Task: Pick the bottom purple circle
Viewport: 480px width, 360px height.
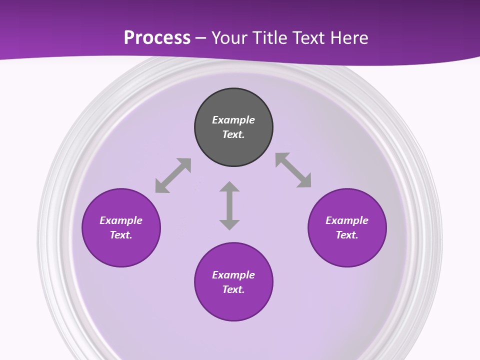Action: pos(233,305)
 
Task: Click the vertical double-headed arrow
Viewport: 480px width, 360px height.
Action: pos(229,205)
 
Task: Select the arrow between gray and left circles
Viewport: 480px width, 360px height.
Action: pos(173,175)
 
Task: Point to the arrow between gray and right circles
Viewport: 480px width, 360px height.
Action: pos(293,170)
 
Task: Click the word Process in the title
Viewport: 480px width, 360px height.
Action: pos(157,37)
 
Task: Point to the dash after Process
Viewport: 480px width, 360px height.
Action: pos(200,38)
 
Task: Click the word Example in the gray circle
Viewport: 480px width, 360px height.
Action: pos(233,120)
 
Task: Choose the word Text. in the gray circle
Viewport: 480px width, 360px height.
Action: pos(233,134)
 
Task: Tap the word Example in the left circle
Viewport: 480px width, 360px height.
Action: pos(121,220)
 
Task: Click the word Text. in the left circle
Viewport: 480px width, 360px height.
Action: pos(121,235)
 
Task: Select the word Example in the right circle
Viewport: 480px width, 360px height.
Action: pos(347,220)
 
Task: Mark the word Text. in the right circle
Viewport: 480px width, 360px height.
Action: pos(347,235)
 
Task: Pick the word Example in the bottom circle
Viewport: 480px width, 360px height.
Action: pos(233,275)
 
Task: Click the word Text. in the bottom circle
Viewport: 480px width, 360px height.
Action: pos(233,289)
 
